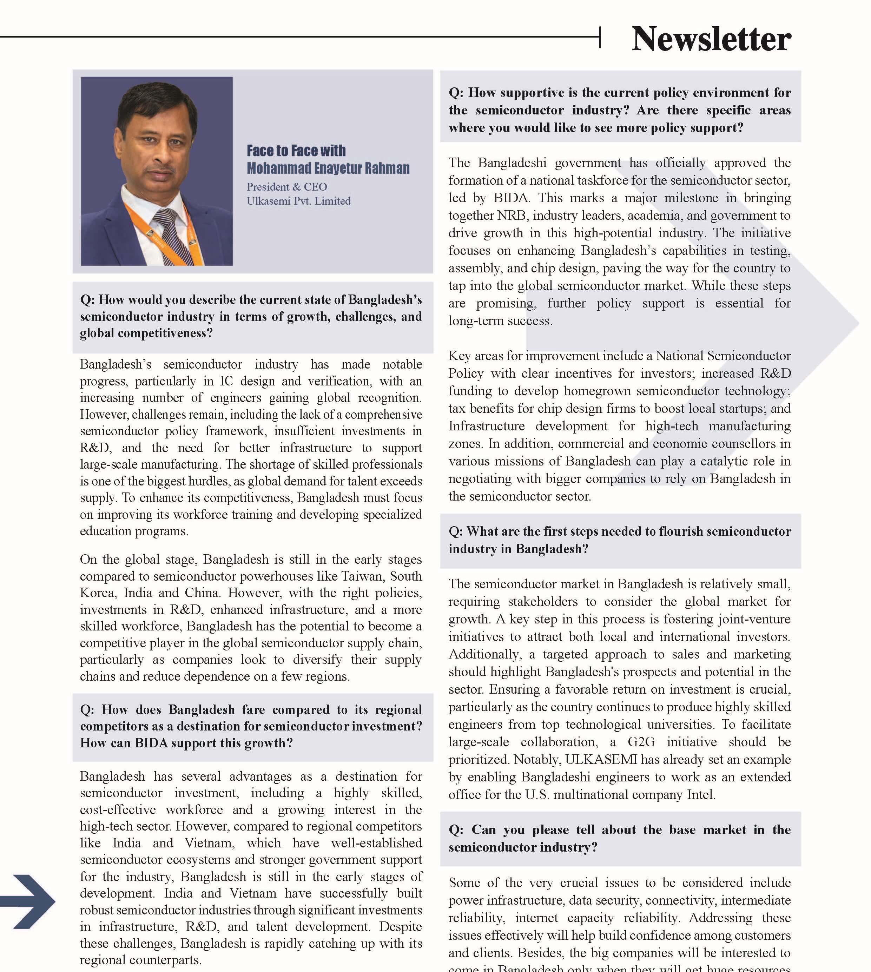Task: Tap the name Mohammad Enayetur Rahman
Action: tap(328, 168)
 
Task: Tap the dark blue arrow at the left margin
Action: tap(29, 902)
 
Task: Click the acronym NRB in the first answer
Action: tap(512, 216)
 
